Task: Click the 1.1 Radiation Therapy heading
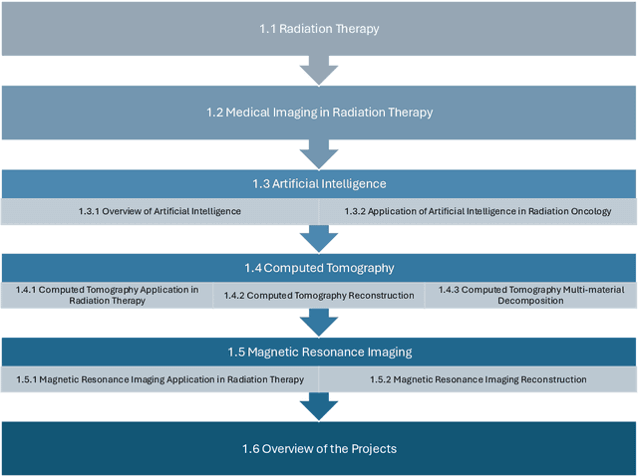click(x=319, y=29)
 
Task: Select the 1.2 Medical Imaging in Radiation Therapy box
click(x=319, y=113)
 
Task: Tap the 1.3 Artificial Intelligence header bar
click(x=319, y=184)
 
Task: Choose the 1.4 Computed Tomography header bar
click(x=319, y=268)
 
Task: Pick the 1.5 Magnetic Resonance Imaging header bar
click(x=319, y=352)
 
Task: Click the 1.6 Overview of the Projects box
click(x=319, y=448)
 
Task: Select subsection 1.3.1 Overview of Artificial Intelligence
click(x=159, y=211)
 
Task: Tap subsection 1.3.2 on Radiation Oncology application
click(x=478, y=211)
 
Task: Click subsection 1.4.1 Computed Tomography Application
click(x=107, y=295)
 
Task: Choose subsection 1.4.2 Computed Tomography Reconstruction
click(x=318, y=296)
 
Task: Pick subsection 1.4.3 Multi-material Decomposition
click(x=530, y=295)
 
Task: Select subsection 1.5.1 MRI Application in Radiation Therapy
click(x=159, y=379)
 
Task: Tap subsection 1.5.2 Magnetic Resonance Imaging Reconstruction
click(x=478, y=379)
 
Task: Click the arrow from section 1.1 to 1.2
click(x=319, y=70)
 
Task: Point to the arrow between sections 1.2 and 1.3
click(x=319, y=153)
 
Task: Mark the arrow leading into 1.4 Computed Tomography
click(x=319, y=238)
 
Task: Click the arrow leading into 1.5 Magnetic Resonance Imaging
click(x=319, y=322)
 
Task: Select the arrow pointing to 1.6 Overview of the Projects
click(x=319, y=406)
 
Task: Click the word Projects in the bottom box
click(x=373, y=448)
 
